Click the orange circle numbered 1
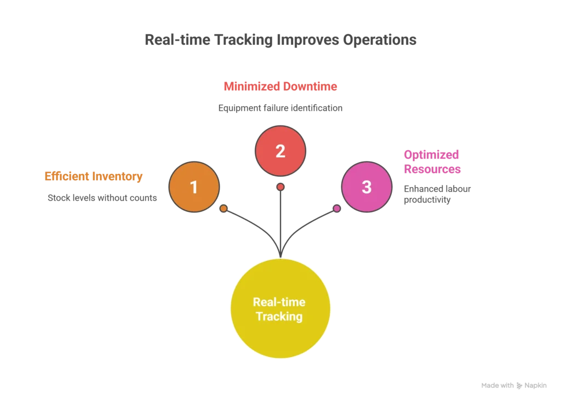[194, 187]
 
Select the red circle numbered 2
[280, 151]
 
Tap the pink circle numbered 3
[367, 187]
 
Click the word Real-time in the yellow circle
[279, 302]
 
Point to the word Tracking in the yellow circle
[279, 317]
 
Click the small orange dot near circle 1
[224, 209]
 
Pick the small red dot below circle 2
[280, 187]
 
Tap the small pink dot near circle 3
[337, 209]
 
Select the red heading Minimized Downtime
[280, 87]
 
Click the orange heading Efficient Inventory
[94, 177]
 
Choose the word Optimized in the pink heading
[431, 155]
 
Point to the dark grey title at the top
[281, 41]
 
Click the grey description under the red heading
[280, 108]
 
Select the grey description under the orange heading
[100, 197]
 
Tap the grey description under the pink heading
[437, 194]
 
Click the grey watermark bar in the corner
[512, 386]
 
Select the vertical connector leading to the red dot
[280, 219]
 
